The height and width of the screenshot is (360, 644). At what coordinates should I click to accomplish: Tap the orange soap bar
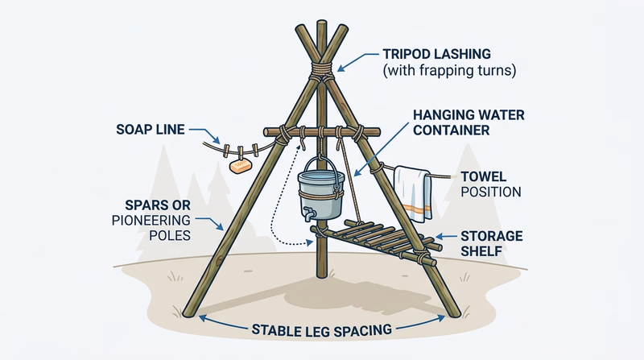point(239,166)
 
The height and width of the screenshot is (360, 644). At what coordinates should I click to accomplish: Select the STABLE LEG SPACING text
point(321,329)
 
